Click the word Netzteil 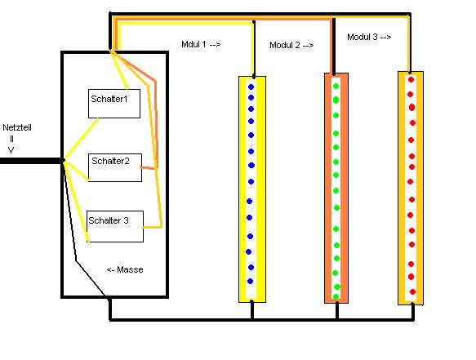coord(17,127)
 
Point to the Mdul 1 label coord(201,44)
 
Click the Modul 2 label coord(291,45)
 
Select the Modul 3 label coord(369,37)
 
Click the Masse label coord(125,269)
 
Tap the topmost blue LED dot coord(251,87)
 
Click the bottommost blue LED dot coord(250,282)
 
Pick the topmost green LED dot coord(336,87)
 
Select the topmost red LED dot coord(411,80)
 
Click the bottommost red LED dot coord(412,291)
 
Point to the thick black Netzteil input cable coord(31,161)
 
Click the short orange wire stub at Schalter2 coord(149,167)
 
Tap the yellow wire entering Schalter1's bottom coord(81,140)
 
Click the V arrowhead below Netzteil coord(11,150)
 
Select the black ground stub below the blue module coord(252,309)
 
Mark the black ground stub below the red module coord(413,311)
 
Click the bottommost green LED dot coord(336,296)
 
